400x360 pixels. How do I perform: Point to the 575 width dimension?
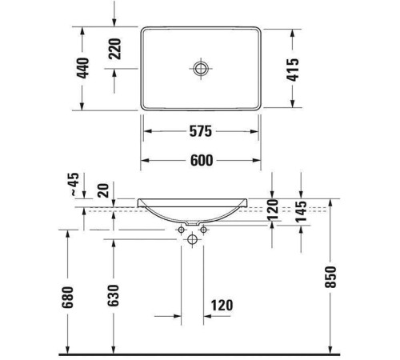[x=201, y=130]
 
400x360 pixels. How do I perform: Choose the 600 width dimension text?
[x=201, y=161]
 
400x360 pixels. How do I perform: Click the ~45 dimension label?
[x=74, y=186]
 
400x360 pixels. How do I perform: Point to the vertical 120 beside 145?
[x=274, y=212]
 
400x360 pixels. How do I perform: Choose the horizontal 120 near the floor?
[x=222, y=305]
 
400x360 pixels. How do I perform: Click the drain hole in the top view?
[x=200, y=68]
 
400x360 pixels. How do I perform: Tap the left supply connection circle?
[x=181, y=230]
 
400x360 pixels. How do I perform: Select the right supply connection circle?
[x=203, y=230]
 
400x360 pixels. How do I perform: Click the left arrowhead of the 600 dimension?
[x=146, y=161]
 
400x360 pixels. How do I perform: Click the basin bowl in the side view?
[x=200, y=210]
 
